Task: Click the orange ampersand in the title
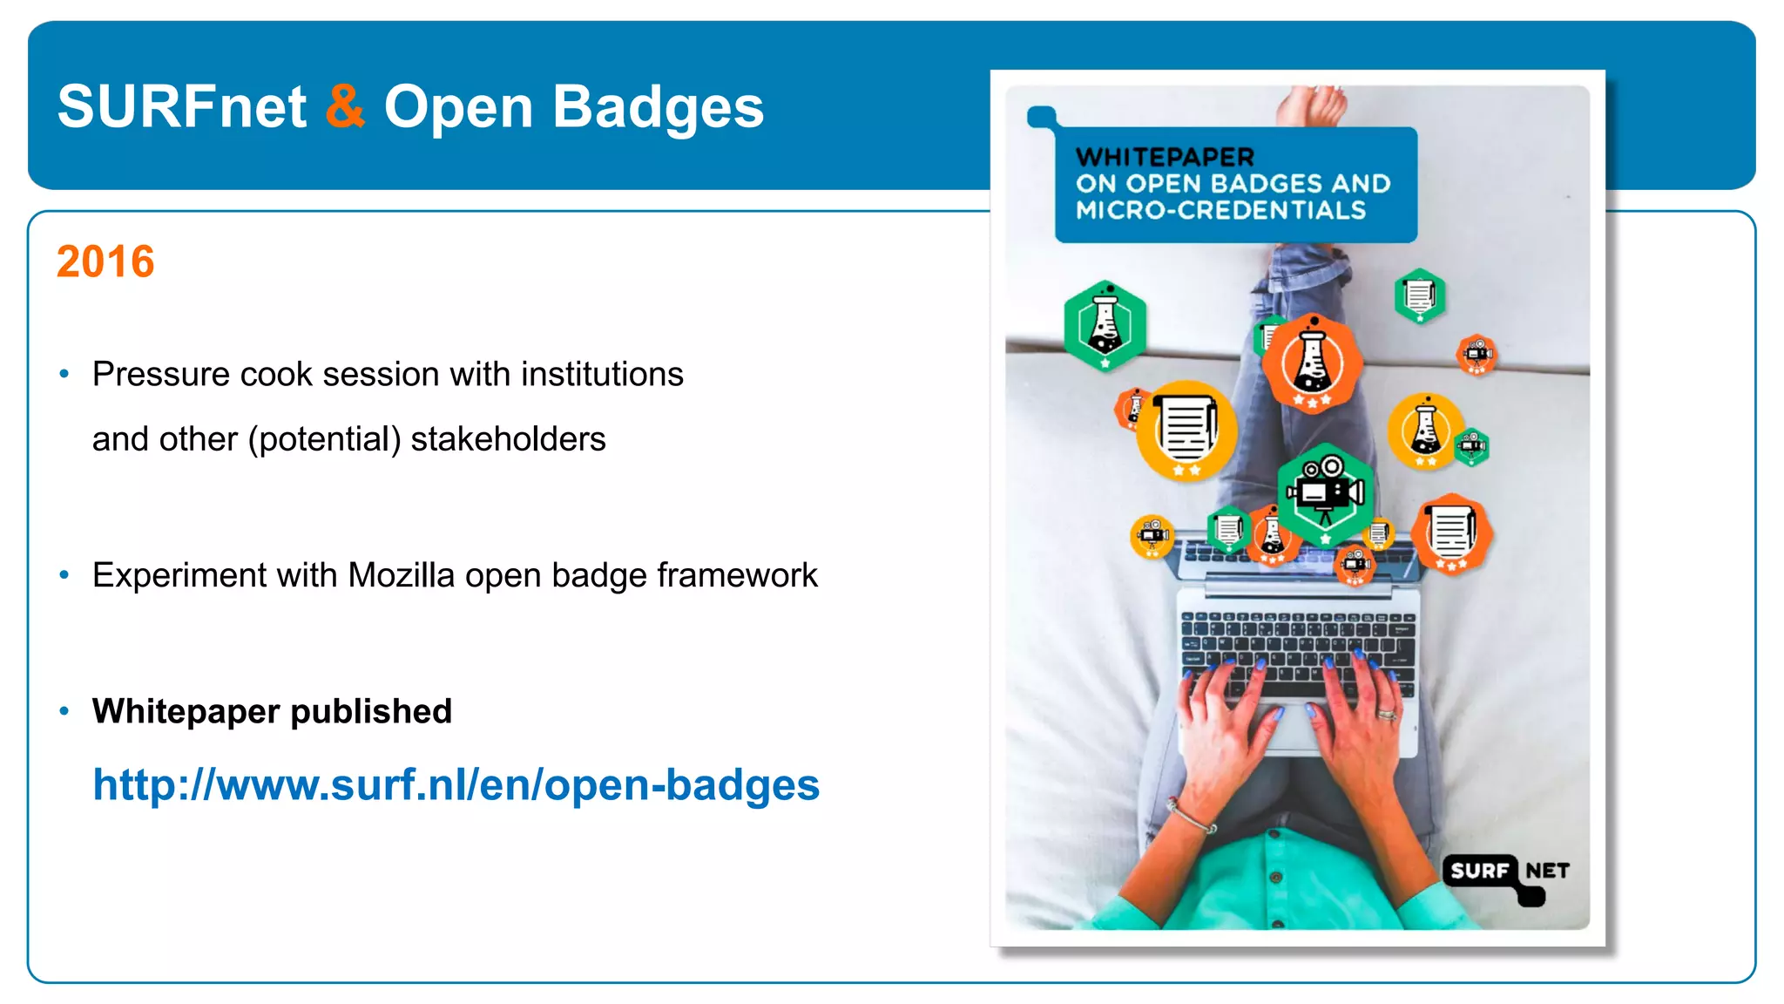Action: (x=345, y=106)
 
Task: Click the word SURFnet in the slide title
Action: (x=182, y=106)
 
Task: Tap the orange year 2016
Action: (x=105, y=261)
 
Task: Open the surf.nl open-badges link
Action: (x=456, y=784)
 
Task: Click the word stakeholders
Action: (x=508, y=438)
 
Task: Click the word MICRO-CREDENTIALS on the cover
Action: (x=1220, y=210)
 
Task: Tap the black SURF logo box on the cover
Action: (x=1479, y=871)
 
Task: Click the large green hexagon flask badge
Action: (x=1105, y=324)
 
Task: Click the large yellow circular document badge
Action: (x=1186, y=430)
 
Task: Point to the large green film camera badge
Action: (x=1325, y=493)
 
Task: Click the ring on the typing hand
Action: (x=1386, y=715)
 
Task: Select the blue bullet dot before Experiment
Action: (x=64, y=575)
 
